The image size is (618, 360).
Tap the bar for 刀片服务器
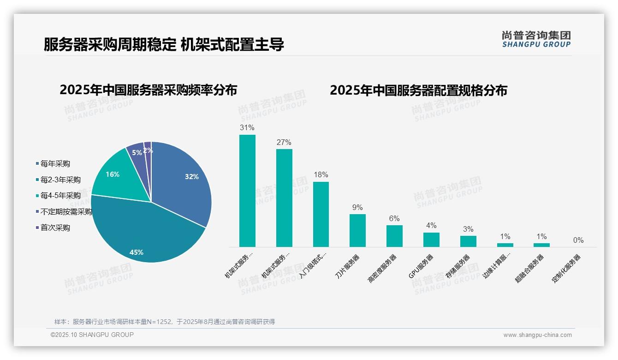coord(357,230)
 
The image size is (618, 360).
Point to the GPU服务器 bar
coord(431,240)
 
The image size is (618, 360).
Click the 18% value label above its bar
coord(321,175)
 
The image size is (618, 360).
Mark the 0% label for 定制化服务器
coord(578,240)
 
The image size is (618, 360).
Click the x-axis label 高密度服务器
coord(382,268)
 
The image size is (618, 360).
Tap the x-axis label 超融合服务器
coord(530,268)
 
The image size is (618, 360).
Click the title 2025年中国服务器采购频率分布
coord(148,90)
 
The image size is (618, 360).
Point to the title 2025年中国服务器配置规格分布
coord(418,90)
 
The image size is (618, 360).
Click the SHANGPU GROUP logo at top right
coord(536,39)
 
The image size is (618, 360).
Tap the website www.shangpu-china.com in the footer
coord(537,335)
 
